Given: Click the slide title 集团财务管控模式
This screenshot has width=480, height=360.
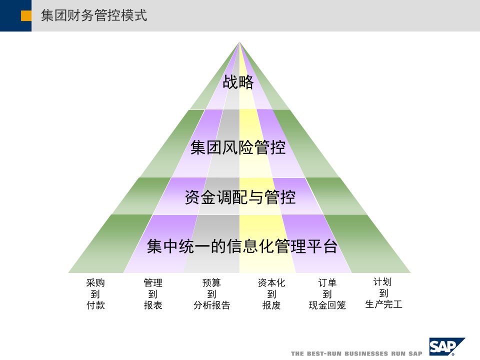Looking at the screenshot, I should click(x=94, y=16).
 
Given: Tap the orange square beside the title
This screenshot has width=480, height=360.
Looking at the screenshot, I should click(x=26, y=16).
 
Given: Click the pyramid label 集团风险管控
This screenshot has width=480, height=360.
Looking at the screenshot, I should click(x=238, y=148).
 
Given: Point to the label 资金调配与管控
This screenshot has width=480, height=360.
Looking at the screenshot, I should click(x=240, y=197).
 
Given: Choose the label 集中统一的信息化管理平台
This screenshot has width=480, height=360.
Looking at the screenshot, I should click(x=242, y=246).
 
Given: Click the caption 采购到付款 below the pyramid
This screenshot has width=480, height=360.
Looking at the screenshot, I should click(x=95, y=294).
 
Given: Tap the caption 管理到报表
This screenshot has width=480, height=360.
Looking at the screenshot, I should click(x=153, y=294).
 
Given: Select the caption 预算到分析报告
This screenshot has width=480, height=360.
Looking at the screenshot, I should click(x=211, y=294).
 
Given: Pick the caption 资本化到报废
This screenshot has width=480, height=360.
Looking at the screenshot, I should click(x=271, y=294).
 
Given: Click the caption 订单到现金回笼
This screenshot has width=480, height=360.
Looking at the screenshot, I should click(x=327, y=294).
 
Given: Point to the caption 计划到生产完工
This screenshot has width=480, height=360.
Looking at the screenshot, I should click(x=383, y=293).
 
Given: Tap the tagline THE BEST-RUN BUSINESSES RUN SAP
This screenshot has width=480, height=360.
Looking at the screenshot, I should click(x=356, y=353).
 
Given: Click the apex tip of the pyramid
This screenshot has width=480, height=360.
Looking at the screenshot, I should click(x=239, y=43).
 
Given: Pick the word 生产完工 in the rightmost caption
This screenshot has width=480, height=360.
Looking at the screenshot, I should click(x=383, y=304).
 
